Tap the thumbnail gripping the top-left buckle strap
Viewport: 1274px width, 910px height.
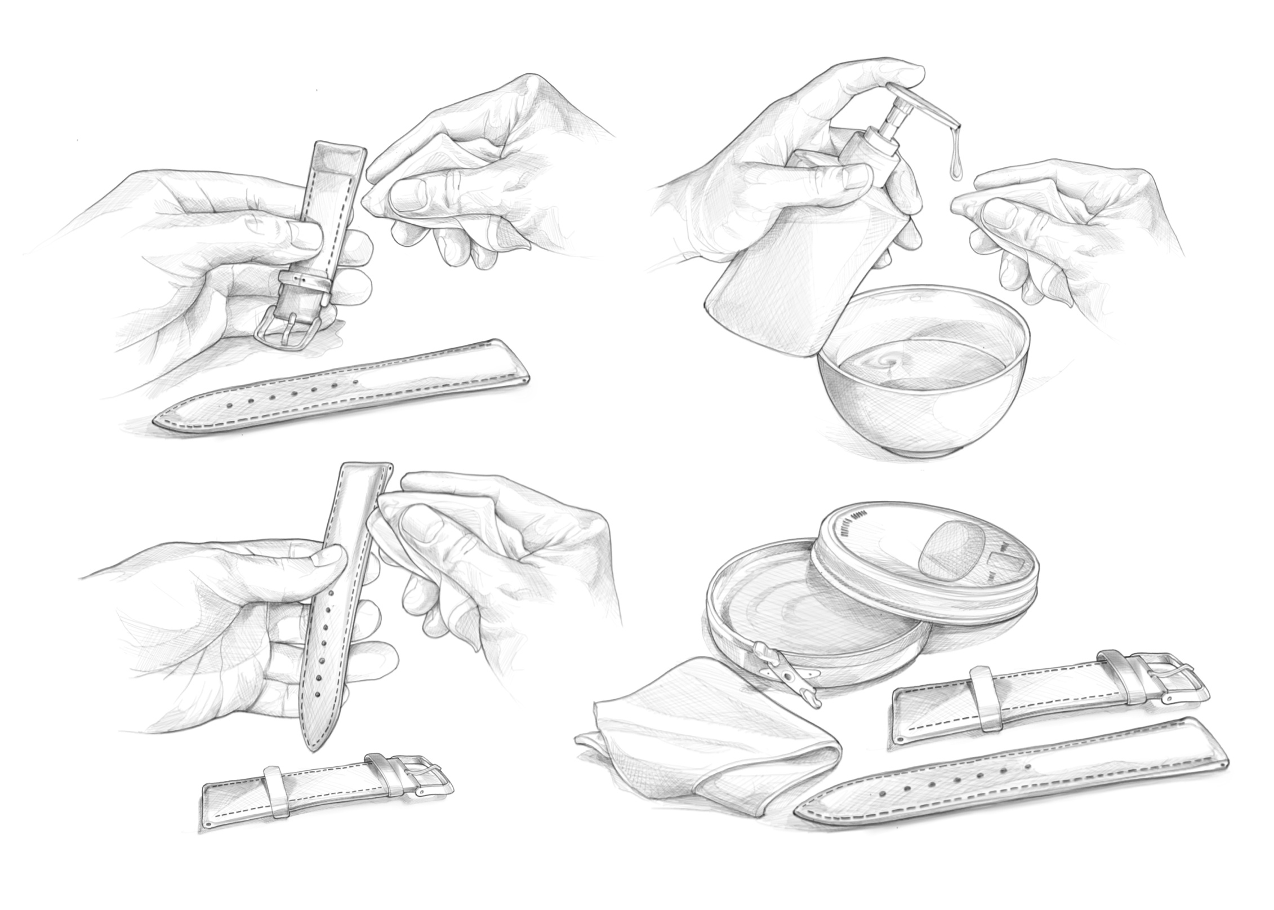pos(304,236)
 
